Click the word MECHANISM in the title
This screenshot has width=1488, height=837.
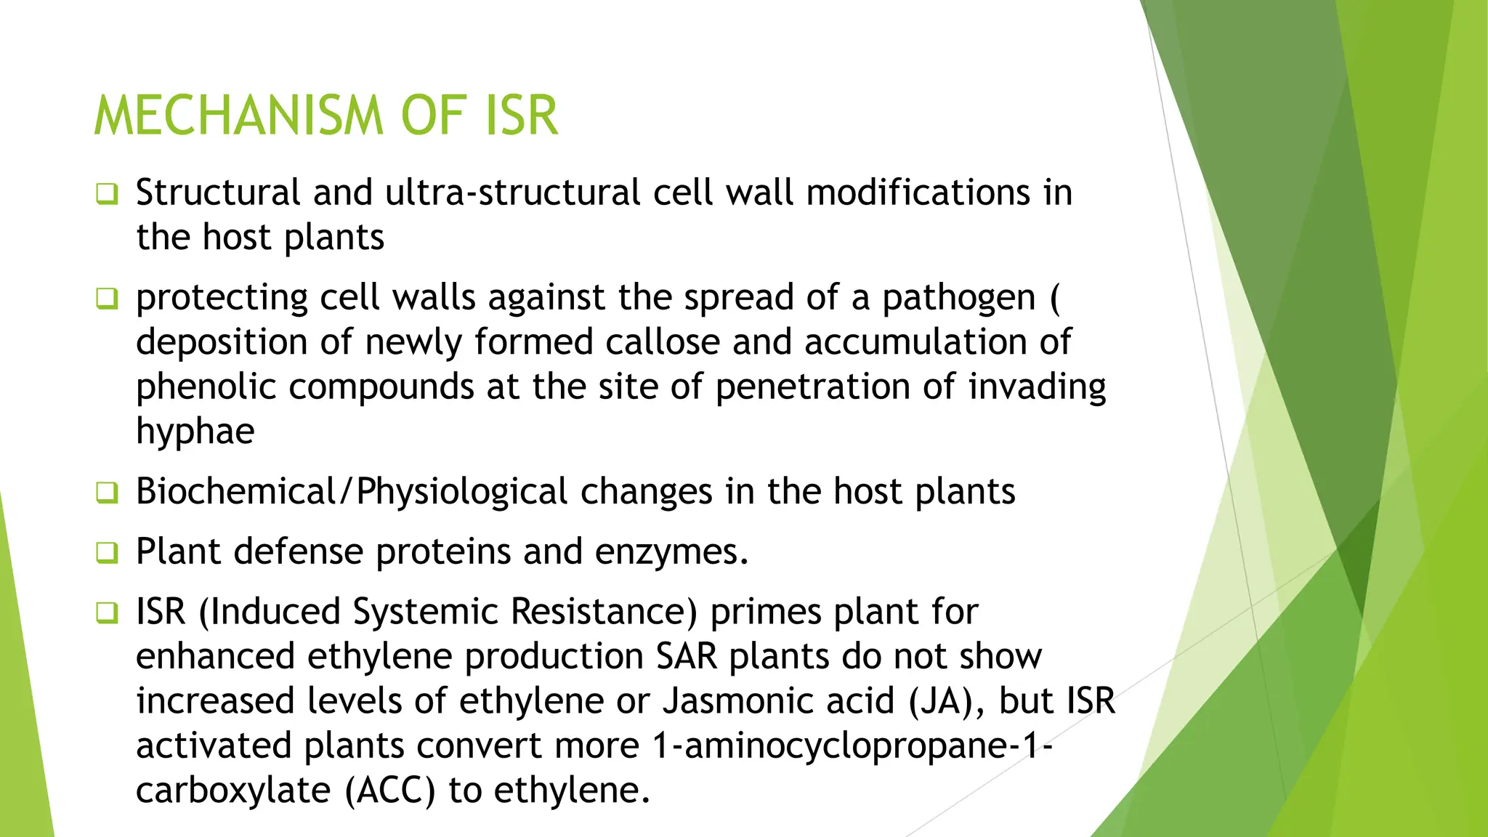point(238,116)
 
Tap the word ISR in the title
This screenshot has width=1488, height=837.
point(522,116)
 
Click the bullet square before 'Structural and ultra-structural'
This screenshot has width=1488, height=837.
point(107,195)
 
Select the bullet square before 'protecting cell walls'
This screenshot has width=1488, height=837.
point(107,299)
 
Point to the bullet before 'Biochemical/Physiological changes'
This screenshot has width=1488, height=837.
point(107,493)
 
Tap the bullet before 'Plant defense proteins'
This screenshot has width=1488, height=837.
point(107,553)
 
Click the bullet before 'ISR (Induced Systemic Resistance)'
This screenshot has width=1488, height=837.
point(107,612)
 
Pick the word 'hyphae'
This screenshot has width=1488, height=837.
point(195,432)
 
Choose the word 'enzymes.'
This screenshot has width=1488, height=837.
point(671,551)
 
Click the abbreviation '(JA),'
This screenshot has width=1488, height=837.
point(947,701)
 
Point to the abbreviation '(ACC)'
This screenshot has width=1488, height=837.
point(389,790)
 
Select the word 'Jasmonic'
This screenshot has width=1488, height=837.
point(777,701)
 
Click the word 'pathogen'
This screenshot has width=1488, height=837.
point(958,298)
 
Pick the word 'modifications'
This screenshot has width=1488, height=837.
point(918,193)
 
